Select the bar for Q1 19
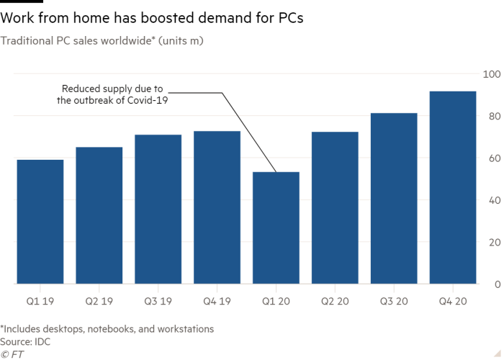(x=40, y=221)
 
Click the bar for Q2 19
(x=99, y=215)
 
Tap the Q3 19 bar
(x=158, y=209)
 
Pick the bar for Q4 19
(x=217, y=207)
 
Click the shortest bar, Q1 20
(x=276, y=228)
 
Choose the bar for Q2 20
(x=336, y=207)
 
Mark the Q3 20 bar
(x=395, y=198)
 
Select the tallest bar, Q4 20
(x=454, y=187)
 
